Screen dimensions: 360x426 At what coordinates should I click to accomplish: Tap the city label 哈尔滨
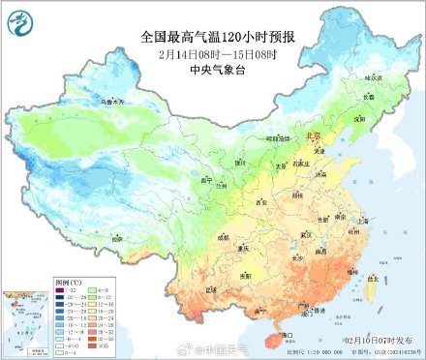tap(374, 75)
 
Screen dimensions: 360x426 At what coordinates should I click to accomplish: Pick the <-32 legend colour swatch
tap(60, 299)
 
